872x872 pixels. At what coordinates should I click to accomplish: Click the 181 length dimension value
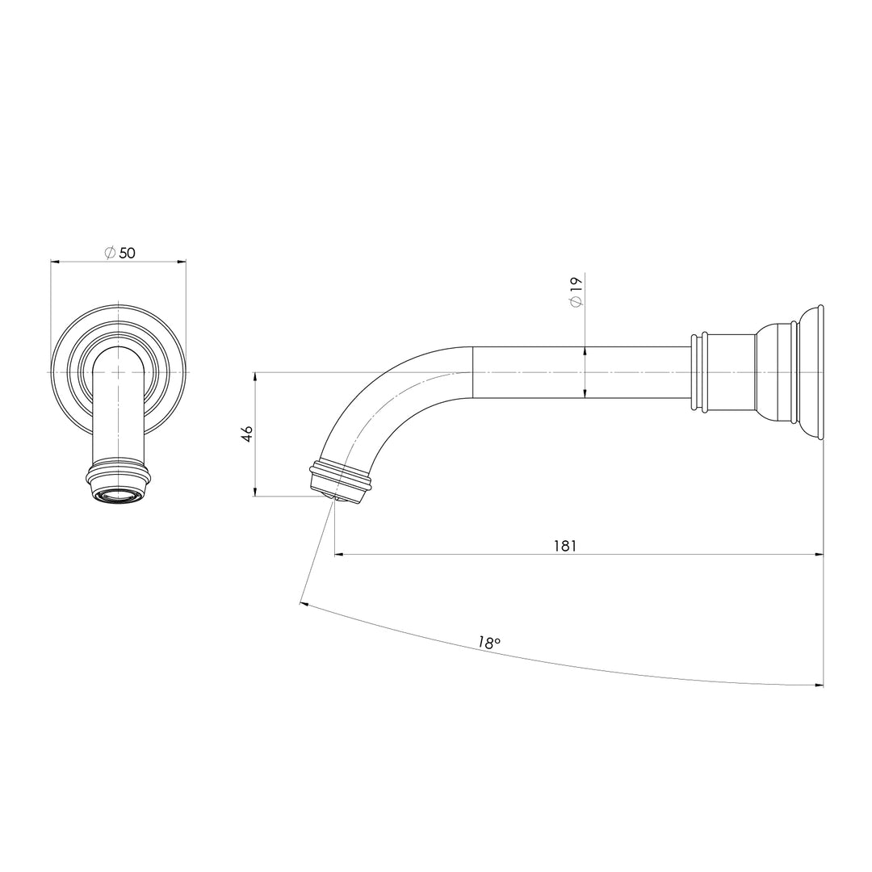click(564, 546)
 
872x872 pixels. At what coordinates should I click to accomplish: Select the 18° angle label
click(488, 643)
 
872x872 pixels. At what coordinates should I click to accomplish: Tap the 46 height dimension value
click(247, 434)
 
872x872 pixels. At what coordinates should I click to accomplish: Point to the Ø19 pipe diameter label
click(576, 291)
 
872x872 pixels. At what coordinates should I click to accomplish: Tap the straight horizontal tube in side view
click(581, 372)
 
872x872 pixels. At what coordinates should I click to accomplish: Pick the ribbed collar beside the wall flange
click(699, 372)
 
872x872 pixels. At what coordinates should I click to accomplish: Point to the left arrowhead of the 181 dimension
click(339, 555)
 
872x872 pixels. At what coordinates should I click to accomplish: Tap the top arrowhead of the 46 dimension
click(255, 376)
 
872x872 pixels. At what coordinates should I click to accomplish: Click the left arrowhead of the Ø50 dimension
click(55, 261)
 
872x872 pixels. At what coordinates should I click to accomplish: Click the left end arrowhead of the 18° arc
click(303, 602)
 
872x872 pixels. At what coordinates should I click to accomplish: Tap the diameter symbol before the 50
click(110, 253)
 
